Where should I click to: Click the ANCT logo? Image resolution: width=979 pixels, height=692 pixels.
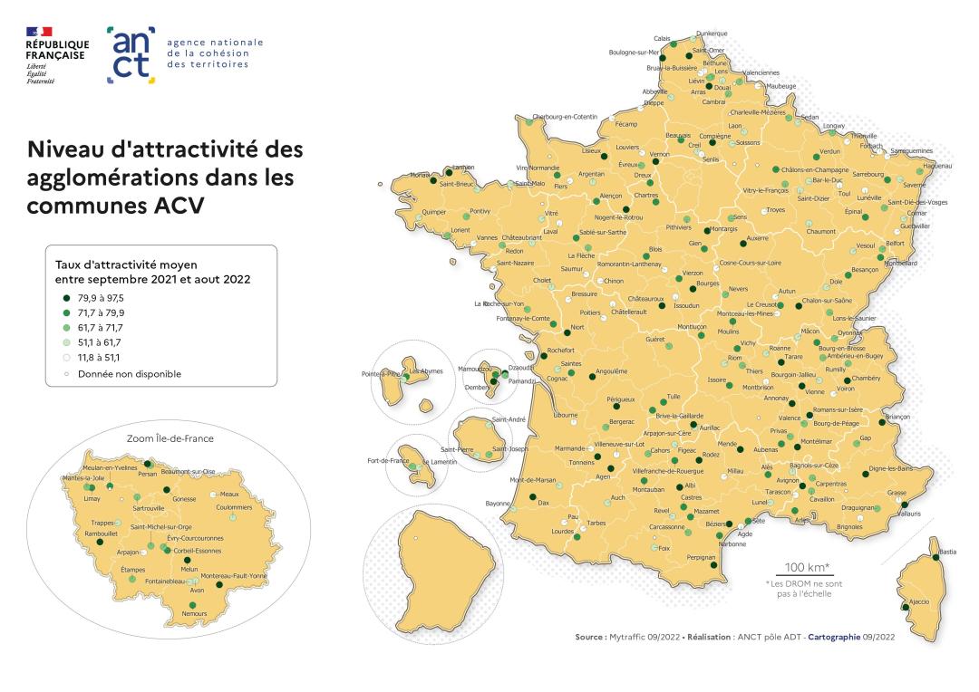point(131,54)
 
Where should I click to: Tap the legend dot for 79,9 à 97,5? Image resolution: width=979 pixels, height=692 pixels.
point(67,298)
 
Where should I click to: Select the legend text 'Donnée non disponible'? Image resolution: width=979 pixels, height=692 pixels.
point(130,373)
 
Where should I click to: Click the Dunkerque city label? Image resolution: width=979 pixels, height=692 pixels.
point(712,34)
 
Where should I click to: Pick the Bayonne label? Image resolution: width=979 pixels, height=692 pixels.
point(499,503)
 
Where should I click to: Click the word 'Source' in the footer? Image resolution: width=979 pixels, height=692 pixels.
point(590,638)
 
